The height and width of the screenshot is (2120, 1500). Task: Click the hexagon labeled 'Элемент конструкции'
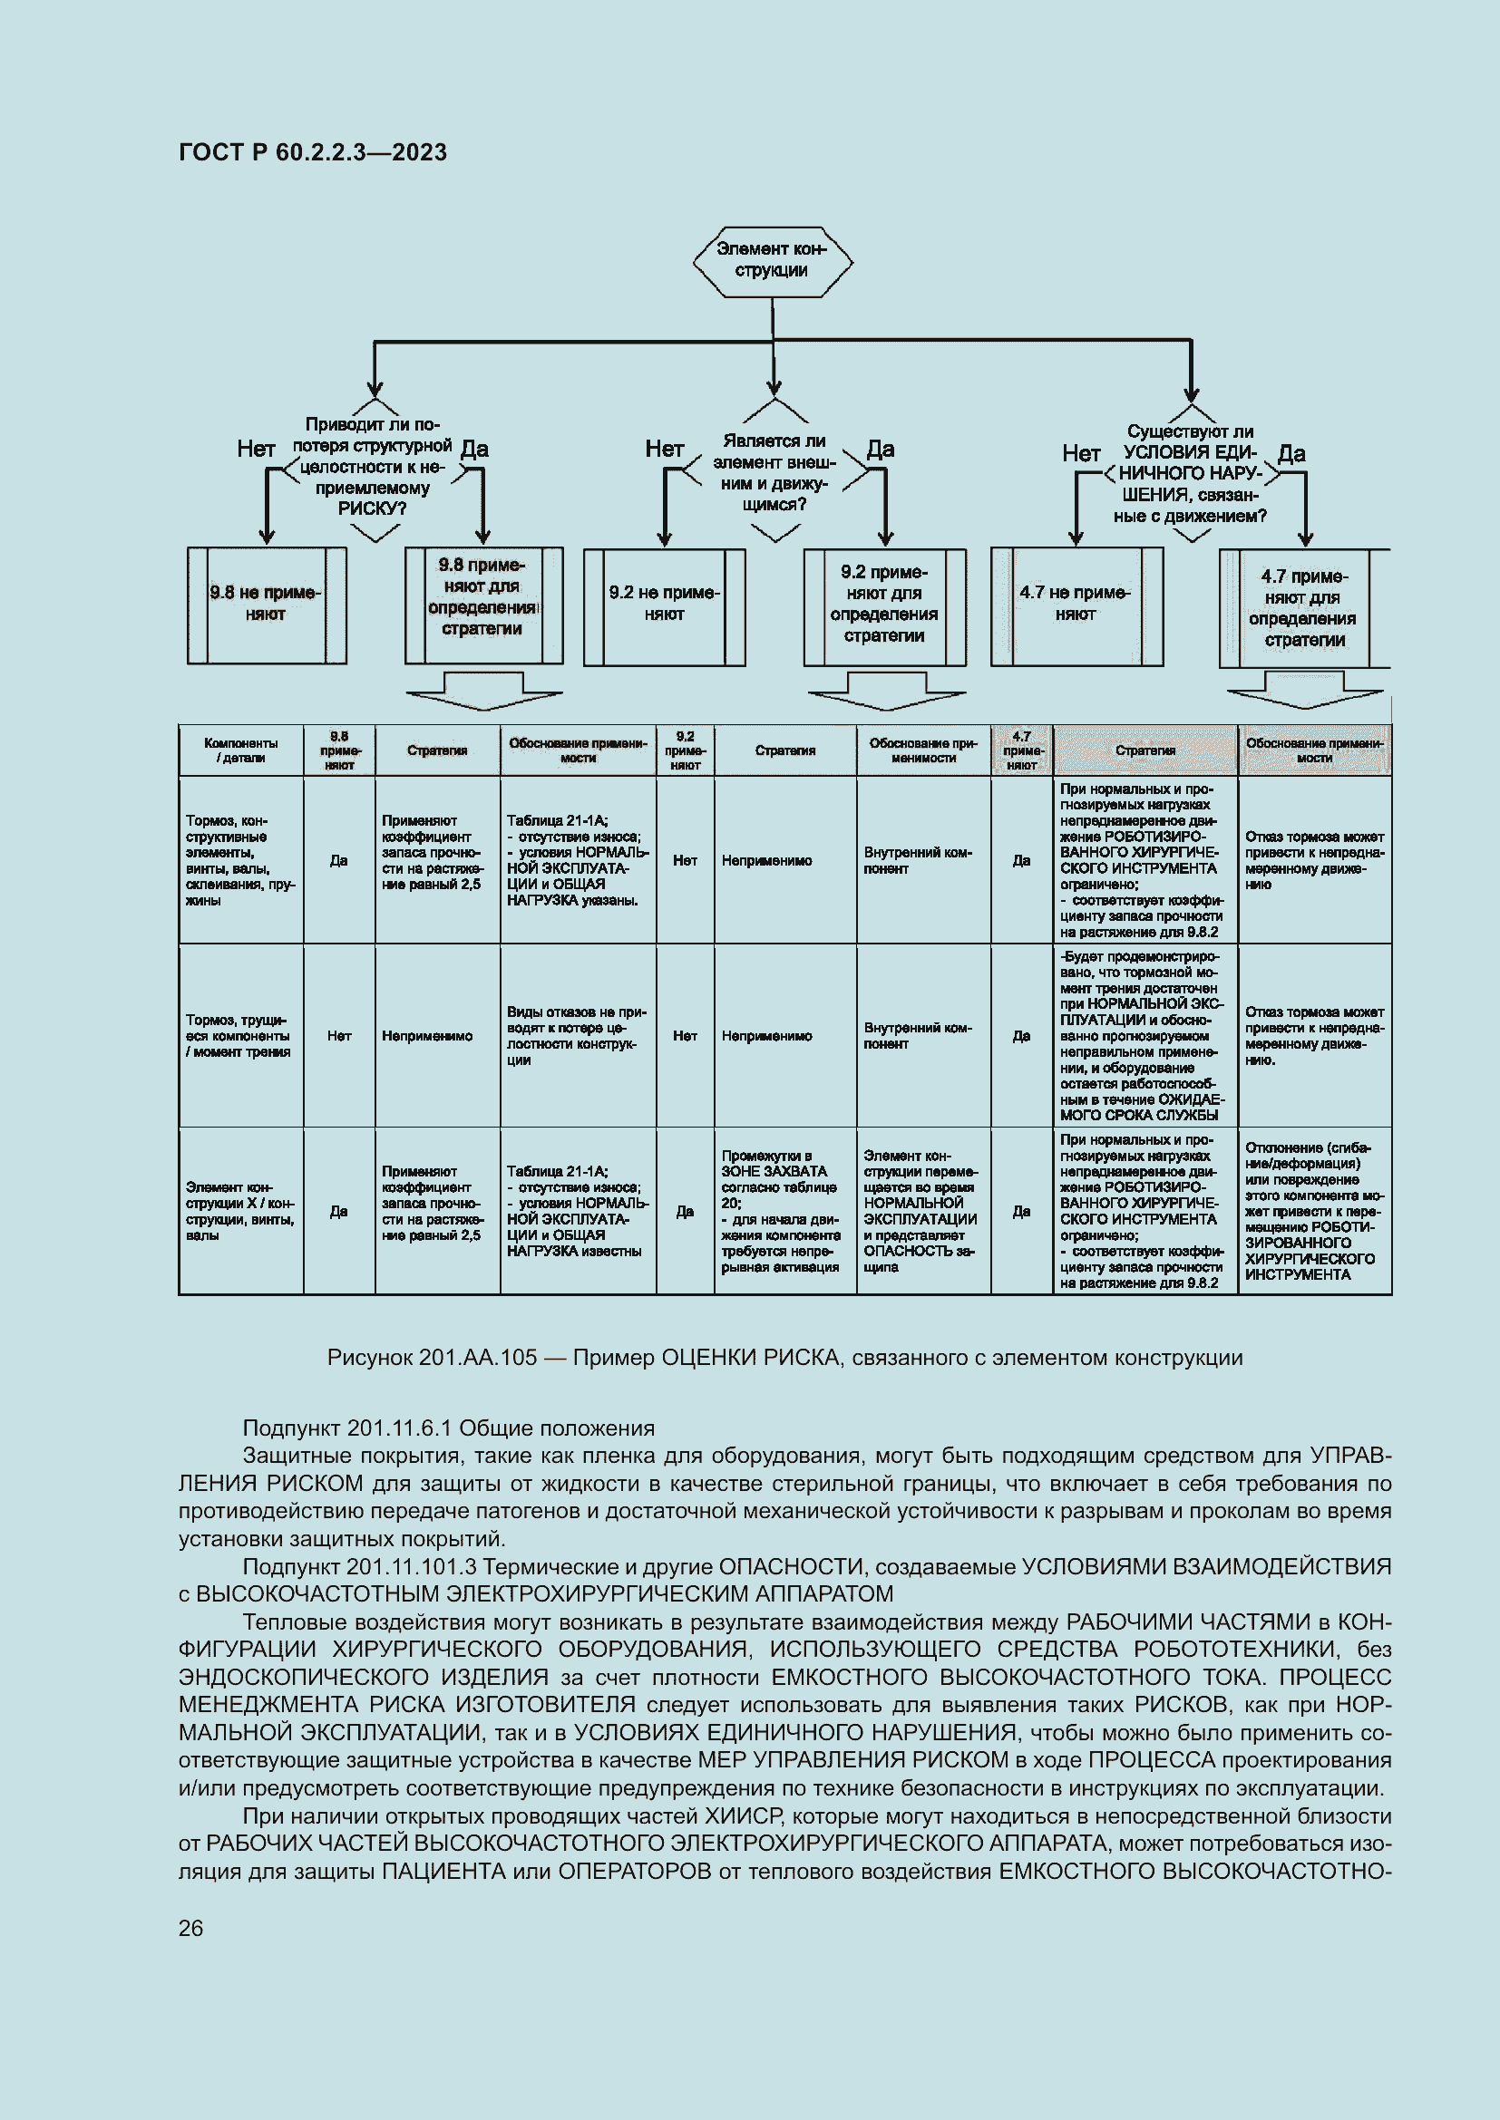coord(772,260)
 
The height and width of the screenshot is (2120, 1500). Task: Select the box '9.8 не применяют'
coord(266,605)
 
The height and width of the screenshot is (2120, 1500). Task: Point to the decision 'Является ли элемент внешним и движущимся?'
coord(774,472)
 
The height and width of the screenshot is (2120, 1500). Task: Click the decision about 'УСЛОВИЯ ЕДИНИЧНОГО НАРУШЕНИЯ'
coord(1190,474)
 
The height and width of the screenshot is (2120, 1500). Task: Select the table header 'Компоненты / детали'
coord(240,750)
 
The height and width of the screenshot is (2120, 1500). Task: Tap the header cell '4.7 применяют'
coord(1020,750)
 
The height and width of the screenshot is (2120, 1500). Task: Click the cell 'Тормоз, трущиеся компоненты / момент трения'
coord(240,1035)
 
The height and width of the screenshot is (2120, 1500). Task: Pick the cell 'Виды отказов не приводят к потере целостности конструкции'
coord(578,1035)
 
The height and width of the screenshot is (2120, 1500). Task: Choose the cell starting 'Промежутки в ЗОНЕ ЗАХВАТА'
coord(784,1211)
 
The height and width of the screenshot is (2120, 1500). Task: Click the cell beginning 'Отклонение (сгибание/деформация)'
coord(1313,1211)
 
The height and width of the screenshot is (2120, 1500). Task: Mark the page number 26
coord(191,1928)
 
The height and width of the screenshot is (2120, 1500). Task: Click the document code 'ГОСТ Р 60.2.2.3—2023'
coord(313,152)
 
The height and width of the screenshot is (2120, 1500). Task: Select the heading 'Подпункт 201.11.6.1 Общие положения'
coord(448,1428)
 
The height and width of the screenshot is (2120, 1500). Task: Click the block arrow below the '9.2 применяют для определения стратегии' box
coord(887,692)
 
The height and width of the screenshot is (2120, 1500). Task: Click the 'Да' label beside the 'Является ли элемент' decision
coord(881,450)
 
